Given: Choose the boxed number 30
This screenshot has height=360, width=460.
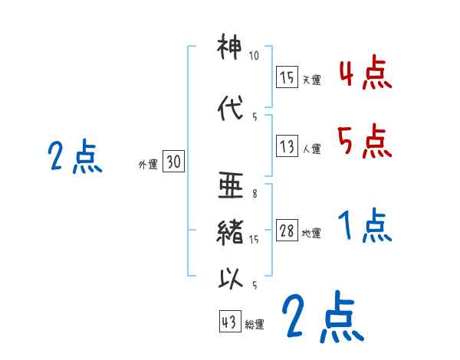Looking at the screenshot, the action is click(x=173, y=162).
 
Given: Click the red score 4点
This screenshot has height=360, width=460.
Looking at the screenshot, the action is click(x=365, y=74).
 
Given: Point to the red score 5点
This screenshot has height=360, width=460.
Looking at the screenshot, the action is click(x=365, y=140).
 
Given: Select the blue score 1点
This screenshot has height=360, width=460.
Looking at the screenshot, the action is click(x=365, y=227).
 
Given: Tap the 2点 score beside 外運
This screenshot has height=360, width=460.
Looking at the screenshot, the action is click(x=74, y=157).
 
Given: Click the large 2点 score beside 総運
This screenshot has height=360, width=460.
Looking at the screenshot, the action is click(x=321, y=317).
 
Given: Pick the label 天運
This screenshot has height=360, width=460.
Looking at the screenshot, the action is click(x=312, y=80).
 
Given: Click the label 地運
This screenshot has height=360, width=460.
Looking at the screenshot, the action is click(x=312, y=234).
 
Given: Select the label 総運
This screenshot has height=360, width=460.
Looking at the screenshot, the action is click(x=255, y=325).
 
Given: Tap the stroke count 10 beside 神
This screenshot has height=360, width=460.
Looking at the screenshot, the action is click(x=255, y=57).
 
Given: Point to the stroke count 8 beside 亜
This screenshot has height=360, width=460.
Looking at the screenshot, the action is click(x=254, y=194).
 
